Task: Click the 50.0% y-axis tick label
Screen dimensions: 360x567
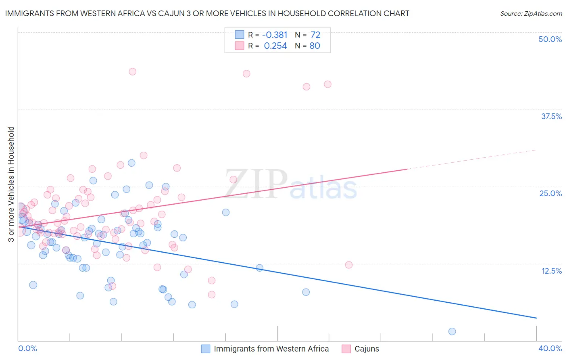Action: point(550,39)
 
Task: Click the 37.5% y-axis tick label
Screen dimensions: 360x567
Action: point(551,116)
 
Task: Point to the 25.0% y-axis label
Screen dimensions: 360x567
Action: point(550,193)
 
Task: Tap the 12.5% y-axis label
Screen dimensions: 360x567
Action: point(551,271)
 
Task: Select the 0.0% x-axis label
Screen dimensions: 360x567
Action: point(28,348)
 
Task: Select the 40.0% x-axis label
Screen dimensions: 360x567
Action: point(550,348)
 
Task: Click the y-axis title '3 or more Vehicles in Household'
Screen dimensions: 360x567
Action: point(11,184)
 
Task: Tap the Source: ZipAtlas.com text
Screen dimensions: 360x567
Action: point(531,13)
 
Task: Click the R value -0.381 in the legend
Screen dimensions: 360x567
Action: point(275,35)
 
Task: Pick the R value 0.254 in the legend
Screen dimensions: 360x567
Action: point(275,46)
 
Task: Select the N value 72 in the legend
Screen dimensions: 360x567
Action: point(315,35)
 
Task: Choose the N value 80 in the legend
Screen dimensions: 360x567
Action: point(315,46)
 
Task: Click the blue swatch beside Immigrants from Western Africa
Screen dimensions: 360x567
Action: point(206,349)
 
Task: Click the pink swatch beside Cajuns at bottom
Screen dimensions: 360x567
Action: point(346,349)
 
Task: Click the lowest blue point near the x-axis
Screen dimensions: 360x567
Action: point(452,331)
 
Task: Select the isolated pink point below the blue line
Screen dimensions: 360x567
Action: point(349,265)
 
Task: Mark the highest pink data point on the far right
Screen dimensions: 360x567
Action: point(327,84)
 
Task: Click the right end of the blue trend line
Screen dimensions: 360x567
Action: point(536,318)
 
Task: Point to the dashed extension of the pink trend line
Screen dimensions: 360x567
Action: point(472,159)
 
